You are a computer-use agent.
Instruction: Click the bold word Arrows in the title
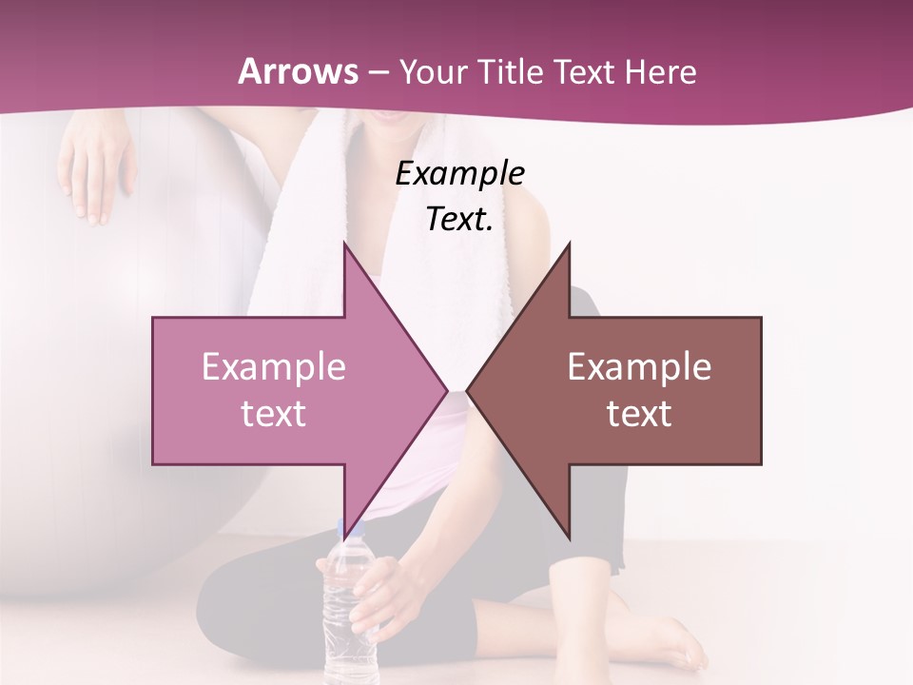(299, 71)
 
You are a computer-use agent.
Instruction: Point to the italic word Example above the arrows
(459, 173)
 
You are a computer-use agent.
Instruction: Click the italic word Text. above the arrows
(459, 219)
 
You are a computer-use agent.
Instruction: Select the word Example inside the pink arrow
(274, 366)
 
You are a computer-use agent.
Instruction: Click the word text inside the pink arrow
(274, 413)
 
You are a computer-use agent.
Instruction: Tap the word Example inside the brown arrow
(639, 366)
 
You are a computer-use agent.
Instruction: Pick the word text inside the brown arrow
(639, 413)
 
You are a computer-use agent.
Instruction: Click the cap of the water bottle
(348, 530)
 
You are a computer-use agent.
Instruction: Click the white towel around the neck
(342, 190)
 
